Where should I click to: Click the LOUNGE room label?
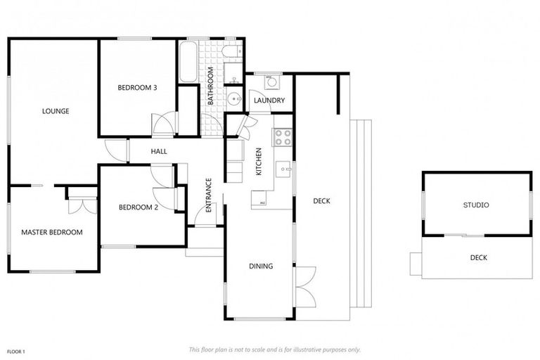[56, 110]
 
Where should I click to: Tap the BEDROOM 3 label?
[137, 87]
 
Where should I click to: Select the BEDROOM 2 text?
[137, 207]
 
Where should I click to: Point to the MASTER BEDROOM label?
[51, 232]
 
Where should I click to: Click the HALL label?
[158, 150]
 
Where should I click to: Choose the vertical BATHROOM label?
[210, 86]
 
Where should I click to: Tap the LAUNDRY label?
[269, 101]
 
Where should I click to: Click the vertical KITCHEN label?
[259, 162]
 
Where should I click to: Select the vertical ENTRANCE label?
[208, 195]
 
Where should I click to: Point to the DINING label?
[260, 266]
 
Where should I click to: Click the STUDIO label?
[476, 205]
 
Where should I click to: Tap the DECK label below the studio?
[479, 257]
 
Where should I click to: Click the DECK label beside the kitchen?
[321, 201]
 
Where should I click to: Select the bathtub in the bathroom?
[187, 62]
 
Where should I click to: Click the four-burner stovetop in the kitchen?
[283, 136]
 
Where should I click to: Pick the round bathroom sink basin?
[233, 98]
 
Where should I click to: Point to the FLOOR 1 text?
[16, 350]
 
